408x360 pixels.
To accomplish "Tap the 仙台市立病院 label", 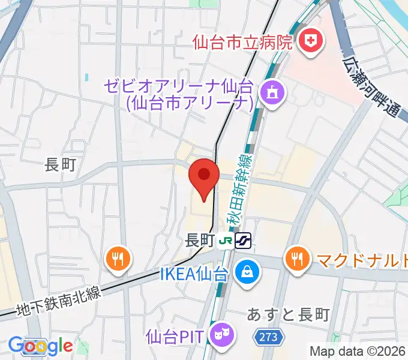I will [x=242, y=43].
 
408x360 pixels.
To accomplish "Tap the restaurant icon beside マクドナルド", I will [x=296, y=259].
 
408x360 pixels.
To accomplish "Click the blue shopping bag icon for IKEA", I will [x=246, y=272].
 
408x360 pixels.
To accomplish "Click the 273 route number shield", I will [x=269, y=338].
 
